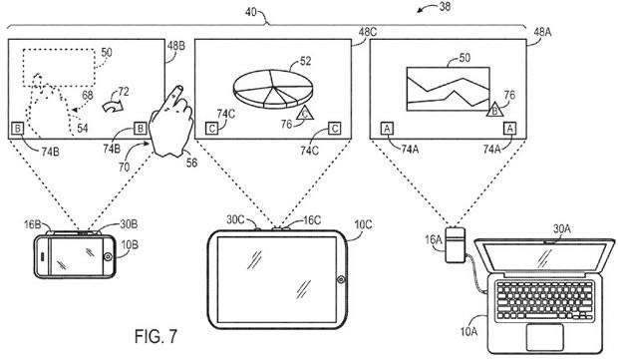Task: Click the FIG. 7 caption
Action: click(156, 336)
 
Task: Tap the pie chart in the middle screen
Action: click(273, 89)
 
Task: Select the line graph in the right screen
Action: click(449, 89)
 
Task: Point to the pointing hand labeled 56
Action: click(171, 123)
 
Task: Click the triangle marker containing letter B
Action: click(494, 110)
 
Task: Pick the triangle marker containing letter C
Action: click(304, 113)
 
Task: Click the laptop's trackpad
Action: click(544, 336)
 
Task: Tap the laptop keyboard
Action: click(544, 300)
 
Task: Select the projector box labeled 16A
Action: click(456, 244)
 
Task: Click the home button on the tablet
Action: click(341, 280)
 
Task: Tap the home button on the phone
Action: click(108, 257)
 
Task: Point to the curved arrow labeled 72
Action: click(113, 106)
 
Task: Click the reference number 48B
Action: click(175, 46)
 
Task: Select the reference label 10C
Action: click(363, 224)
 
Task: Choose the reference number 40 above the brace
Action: click(251, 12)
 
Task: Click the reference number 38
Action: click(445, 6)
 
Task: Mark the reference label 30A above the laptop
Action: click(561, 228)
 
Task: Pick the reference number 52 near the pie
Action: click(305, 61)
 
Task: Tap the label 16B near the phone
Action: click(32, 224)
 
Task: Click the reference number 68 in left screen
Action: click(88, 95)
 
